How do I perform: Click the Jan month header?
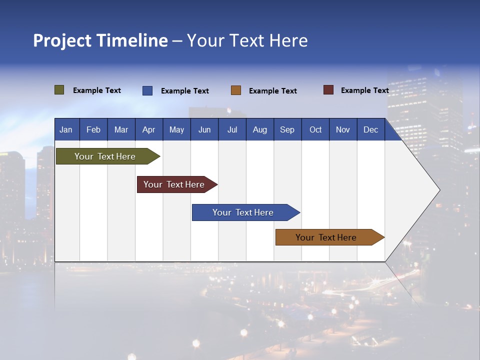coord(66,129)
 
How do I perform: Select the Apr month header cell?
coord(149,129)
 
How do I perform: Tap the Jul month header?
coord(232,129)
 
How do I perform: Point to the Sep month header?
coord(287,129)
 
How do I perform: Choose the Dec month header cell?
coord(371,129)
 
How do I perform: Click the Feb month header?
coord(93,129)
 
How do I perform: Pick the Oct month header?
coord(315,129)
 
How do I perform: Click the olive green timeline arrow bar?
coord(105,156)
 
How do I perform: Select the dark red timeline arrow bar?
coord(174,184)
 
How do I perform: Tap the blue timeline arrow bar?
coord(243,212)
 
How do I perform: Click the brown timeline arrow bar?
coord(326,237)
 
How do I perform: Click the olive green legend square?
coord(59,90)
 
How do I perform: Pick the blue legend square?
coord(147,90)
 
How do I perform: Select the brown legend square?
coord(236,90)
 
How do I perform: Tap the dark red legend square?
coord(328,90)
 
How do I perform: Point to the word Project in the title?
coord(62,40)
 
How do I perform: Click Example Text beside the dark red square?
coord(364,90)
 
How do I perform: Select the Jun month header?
coord(204,129)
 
